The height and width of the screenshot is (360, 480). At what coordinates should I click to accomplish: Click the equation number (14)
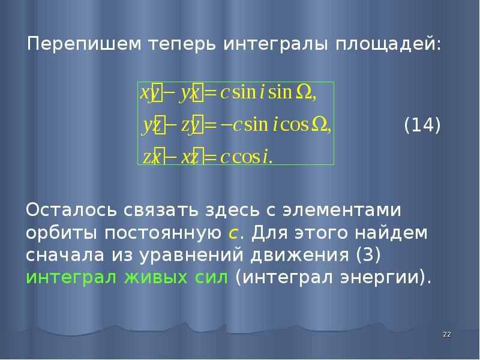click(422, 126)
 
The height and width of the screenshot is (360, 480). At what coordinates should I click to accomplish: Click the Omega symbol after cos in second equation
click(319, 125)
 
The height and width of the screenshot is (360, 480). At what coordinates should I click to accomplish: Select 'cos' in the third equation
click(244, 157)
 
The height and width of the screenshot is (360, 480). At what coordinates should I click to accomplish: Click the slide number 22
click(446, 334)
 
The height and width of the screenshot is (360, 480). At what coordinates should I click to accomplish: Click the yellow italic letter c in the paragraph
click(234, 233)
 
